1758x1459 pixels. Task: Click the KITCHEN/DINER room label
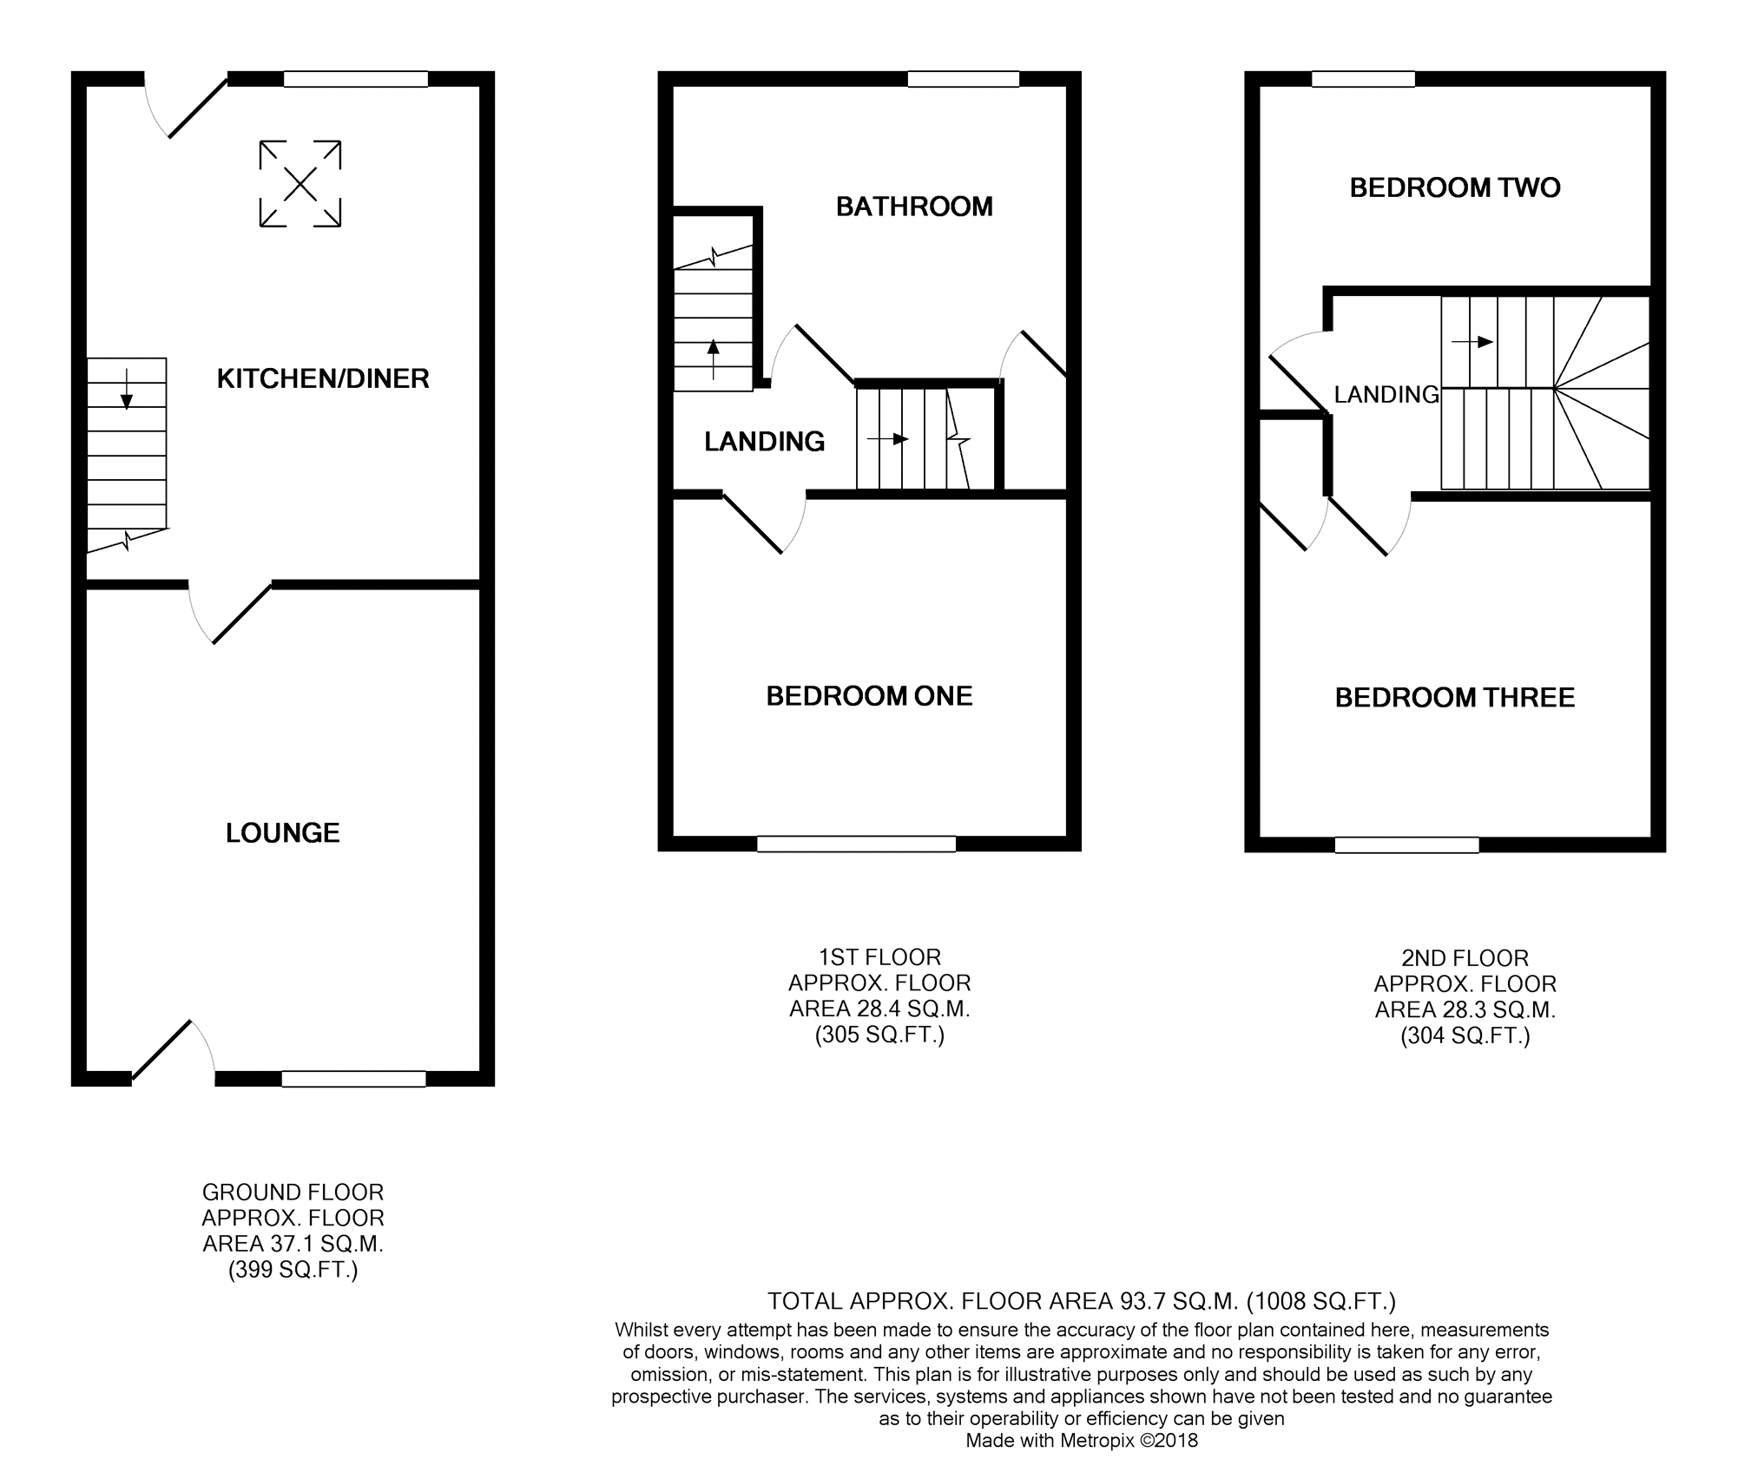click(323, 378)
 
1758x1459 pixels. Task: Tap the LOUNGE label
click(283, 833)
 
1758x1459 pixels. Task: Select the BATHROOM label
click(914, 207)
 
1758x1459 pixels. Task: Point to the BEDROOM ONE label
click(869, 696)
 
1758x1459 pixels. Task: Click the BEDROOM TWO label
click(1455, 187)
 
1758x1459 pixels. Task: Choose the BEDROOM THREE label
click(1455, 698)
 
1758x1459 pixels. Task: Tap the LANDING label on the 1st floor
click(765, 442)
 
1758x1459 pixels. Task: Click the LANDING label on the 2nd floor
click(1386, 395)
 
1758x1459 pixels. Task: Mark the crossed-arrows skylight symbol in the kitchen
click(300, 184)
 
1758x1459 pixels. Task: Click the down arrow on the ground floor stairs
click(127, 388)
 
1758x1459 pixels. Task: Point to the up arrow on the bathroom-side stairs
click(714, 359)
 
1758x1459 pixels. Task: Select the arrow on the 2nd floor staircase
click(1472, 342)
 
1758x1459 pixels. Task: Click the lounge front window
click(354, 1079)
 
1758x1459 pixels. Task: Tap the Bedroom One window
click(857, 844)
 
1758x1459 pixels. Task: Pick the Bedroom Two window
click(1363, 79)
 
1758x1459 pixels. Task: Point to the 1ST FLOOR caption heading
click(879, 957)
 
